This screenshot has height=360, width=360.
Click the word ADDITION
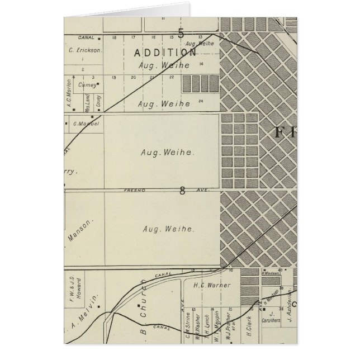tap(165, 53)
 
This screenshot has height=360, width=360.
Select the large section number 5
tap(181, 33)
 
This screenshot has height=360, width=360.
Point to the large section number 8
tap(182, 191)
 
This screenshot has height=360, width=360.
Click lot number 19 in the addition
tap(113, 78)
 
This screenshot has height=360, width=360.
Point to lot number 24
tap(200, 101)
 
